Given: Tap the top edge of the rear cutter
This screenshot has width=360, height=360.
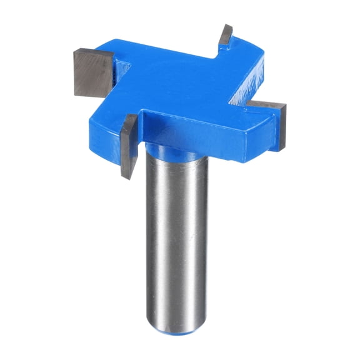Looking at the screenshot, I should coord(226,26).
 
